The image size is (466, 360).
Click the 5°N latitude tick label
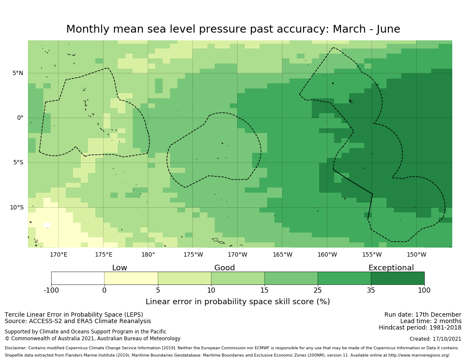(18, 73)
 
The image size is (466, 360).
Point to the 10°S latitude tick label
(16, 207)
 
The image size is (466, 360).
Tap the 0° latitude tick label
(20, 118)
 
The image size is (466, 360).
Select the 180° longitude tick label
(148, 254)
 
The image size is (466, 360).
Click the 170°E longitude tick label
(58, 254)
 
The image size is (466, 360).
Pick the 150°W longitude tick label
(416, 254)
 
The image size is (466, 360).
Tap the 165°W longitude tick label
(282, 254)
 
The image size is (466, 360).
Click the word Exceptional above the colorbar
(391, 268)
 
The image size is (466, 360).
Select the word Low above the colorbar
(119, 268)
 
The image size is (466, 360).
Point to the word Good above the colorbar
(225, 268)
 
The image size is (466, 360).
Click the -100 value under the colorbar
(51, 290)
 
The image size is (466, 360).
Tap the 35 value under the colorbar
(371, 290)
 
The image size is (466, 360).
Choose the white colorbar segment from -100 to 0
(78, 278)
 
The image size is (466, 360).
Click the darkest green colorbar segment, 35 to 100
(398, 278)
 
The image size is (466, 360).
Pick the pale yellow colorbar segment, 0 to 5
(131, 278)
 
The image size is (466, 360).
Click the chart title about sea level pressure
(233, 29)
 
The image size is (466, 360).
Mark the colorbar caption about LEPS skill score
(238, 302)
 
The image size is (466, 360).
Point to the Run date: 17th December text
(423, 315)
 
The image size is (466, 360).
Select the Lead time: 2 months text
(431, 321)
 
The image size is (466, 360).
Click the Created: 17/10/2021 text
(436, 339)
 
